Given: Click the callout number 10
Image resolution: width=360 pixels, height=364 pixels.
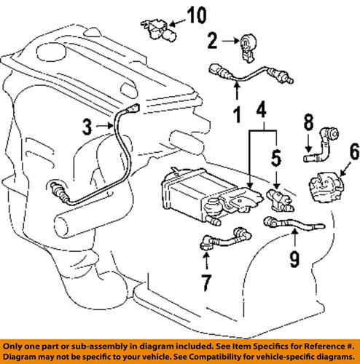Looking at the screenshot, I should pyautogui.click(x=197, y=15).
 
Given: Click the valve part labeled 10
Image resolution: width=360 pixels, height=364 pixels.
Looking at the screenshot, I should pyautogui.click(x=155, y=28).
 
